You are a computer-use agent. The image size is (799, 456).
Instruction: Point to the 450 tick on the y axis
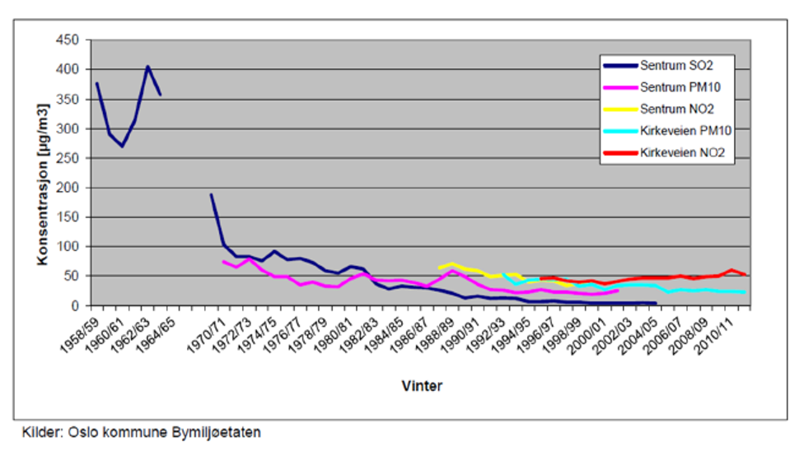68,40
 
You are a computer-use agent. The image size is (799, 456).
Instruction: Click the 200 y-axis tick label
68,188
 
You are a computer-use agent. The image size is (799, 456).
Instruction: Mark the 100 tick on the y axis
68,247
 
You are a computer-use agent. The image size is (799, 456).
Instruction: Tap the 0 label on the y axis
73,305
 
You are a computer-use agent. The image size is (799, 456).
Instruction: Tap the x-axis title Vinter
422,385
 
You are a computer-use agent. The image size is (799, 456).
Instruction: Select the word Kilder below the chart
42,431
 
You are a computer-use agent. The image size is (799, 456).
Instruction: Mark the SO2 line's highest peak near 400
147,66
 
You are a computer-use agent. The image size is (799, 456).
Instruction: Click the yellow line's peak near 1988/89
451,263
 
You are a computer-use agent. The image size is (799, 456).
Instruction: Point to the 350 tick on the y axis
68,100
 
